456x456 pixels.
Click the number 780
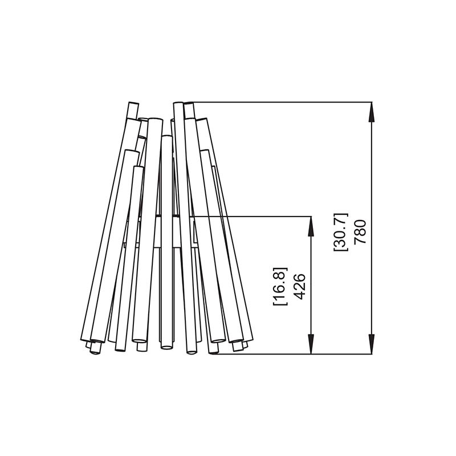pyautogui.click(x=360, y=231)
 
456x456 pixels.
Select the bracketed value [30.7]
pyautogui.click(x=341, y=232)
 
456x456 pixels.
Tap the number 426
pyautogui.click(x=300, y=286)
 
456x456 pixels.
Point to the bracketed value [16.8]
pyautogui.click(x=280, y=286)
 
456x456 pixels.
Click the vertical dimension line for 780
pyautogui.click(x=372, y=229)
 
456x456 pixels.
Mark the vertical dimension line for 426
pyautogui.click(x=311, y=286)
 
